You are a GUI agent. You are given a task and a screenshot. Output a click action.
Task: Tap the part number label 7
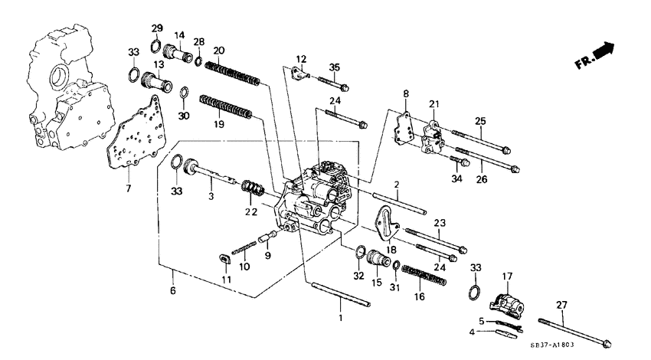128,188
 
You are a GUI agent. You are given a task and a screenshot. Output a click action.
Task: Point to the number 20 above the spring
218,51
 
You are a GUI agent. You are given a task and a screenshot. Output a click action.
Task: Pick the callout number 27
561,305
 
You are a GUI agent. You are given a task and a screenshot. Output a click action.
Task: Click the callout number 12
301,59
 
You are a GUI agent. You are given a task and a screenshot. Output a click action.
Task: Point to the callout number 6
173,291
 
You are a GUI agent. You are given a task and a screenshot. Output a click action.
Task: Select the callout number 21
434,103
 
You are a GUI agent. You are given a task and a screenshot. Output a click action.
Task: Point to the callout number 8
407,93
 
